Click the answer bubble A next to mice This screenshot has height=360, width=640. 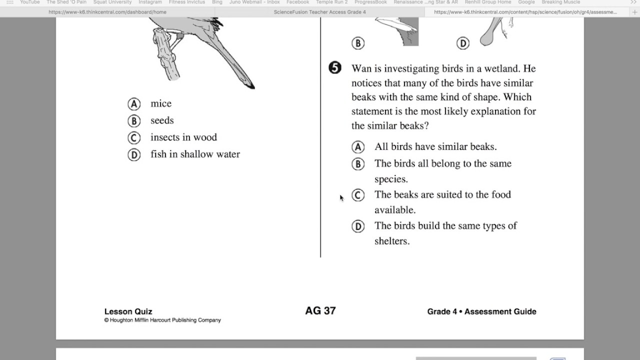tap(133, 104)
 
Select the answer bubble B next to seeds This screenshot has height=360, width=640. tap(133, 121)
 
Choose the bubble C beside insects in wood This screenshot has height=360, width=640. tap(133, 138)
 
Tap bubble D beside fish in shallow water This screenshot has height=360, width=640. tap(133, 155)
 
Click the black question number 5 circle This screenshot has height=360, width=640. tap(335, 68)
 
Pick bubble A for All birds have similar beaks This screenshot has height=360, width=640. tap(358, 147)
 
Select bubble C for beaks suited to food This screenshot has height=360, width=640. tap(358, 195)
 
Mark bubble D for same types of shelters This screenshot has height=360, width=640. tap(358, 226)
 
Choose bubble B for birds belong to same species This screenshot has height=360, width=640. tap(358, 164)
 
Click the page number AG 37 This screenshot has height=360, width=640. tap(320, 311)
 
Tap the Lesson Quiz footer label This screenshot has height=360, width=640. tap(128, 311)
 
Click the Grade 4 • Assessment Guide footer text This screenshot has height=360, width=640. tap(481, 311)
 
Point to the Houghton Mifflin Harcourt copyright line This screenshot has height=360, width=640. tap(162, 320)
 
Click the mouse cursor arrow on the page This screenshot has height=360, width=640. tap(341, 198)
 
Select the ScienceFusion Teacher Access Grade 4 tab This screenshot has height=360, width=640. tap(320, 12)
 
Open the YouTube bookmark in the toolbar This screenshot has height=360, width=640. tap(29, 2)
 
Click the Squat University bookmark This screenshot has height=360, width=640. tap(112, 2)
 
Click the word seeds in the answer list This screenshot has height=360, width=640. tap(162, 120)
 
